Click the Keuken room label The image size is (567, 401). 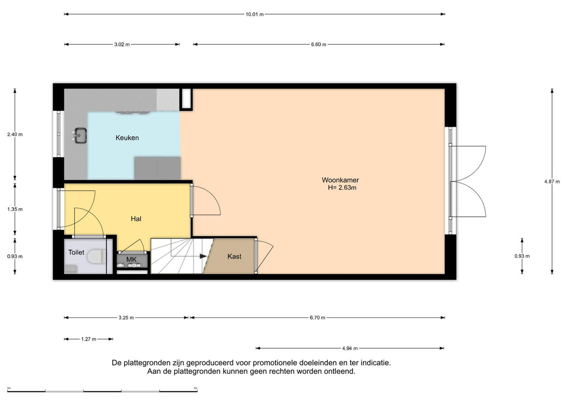[x=127, y=138]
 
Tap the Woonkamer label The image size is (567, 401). [x=340, y=180]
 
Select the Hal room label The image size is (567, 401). [x=136, y=219]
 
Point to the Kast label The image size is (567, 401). [x=234, y=256]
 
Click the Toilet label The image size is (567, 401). [x=76, y=253]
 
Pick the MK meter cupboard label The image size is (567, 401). [x=131, y=259]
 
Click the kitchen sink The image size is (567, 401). [x=80, y=136]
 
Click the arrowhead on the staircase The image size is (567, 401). [x=203, y=256]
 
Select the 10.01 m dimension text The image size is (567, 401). [x=255, y=15]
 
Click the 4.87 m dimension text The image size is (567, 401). [x=552, y=182]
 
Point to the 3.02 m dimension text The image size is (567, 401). [x=122, y=45]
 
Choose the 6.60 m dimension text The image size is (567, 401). [x=318, y=45]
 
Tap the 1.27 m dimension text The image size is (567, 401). [x=89, y=339]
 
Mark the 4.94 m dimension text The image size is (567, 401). [x=349, y=348]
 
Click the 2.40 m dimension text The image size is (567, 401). [x=15, y=134]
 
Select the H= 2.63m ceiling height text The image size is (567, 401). [x=342, y=187]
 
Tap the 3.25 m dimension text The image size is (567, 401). [x=126, y=318]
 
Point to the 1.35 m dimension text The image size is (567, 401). [x=15, y=210]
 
